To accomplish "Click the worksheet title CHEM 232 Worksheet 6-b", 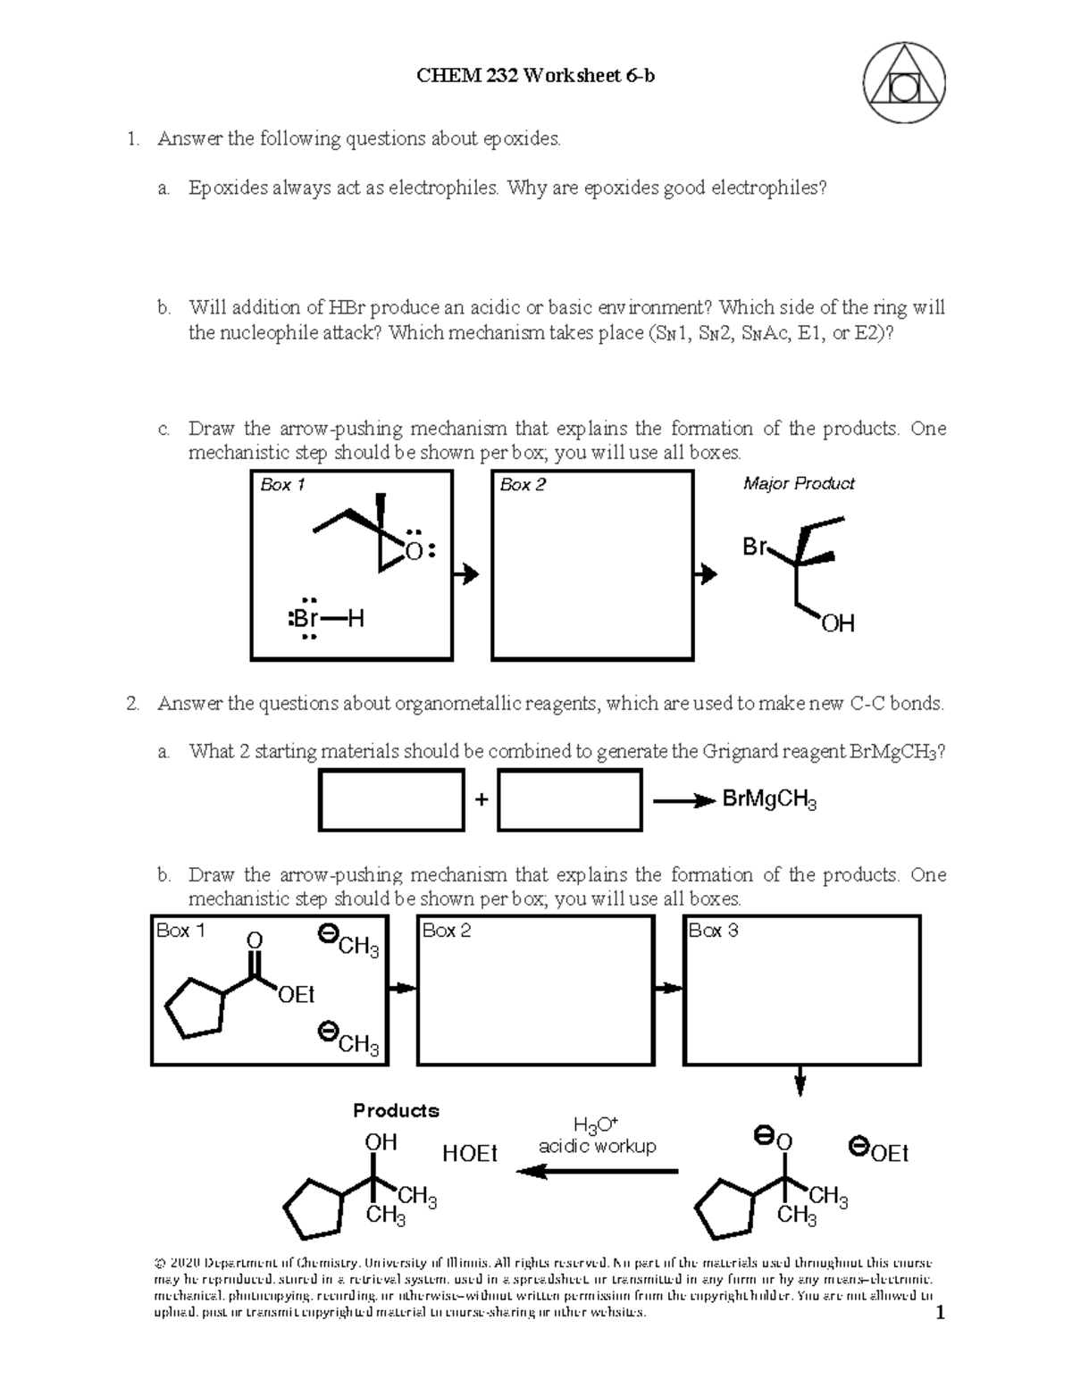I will [535, 76].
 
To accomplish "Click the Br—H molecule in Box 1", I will [327, 619].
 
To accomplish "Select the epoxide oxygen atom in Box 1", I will [415, 551].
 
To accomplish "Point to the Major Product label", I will [799, 483].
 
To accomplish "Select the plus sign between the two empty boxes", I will [482, 800].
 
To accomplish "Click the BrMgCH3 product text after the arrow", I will [769, 799].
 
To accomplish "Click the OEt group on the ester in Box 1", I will [297, 994].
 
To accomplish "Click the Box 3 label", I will [713, 931].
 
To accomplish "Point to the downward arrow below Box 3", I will [801, 1082].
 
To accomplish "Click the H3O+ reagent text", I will [597, 1124].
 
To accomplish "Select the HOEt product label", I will [470, 1153].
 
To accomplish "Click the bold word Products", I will [396, 1110].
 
